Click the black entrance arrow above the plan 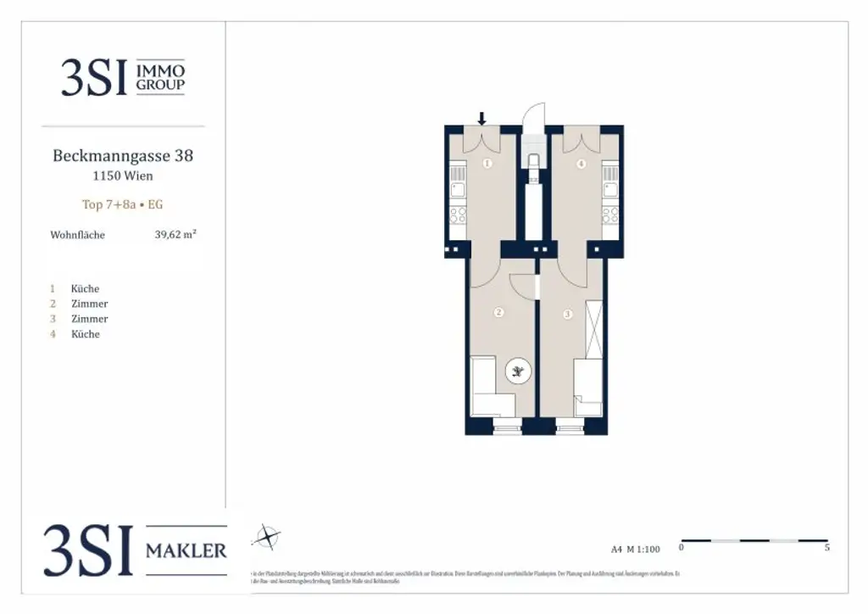(x=482, y=119)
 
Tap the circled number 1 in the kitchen (x=487, y=164)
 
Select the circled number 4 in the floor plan (x=581, y=164)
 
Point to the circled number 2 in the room (x=498, y=313)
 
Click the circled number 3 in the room (x=568, y=315)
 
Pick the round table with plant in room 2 (x=518, y=370)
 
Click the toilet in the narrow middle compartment (x=533, y=163)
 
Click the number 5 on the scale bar (x=826, y=549)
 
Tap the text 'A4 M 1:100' (x=635, y=549)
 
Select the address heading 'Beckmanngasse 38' (x=123, y=156)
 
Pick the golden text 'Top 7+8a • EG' (x=123, y=204)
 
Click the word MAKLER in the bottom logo (x=186, y=551)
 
